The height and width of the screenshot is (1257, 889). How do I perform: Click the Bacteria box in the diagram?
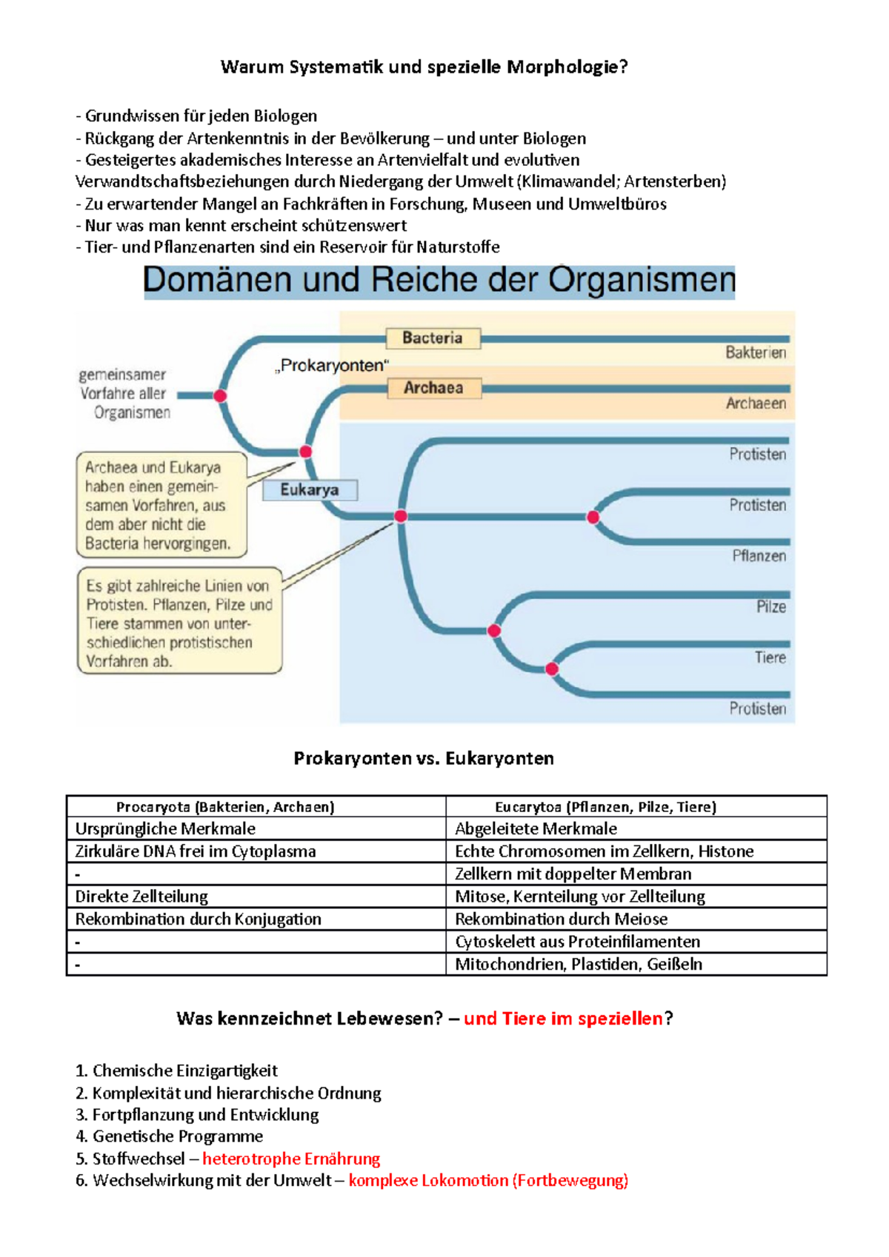[433, 338]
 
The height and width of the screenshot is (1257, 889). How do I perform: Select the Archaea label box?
[433, 388]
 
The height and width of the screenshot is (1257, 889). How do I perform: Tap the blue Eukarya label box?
[310, 489]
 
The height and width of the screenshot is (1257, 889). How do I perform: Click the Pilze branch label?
[771, 607]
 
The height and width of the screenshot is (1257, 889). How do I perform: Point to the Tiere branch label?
[770, 657]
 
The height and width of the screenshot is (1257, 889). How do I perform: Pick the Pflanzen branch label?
[759, 556]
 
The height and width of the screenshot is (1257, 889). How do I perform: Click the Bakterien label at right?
[756, 353]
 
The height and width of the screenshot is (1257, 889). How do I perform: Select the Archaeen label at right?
[756, 403]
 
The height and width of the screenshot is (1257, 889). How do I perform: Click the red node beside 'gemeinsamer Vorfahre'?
[220, 396]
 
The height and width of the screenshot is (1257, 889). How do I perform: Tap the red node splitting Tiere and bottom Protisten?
[552, 669]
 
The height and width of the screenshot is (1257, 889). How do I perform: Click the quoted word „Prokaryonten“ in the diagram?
[332, 366]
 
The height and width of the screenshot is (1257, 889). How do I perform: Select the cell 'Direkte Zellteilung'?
[141, 896]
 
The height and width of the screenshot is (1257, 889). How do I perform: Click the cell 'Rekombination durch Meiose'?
[562, 919]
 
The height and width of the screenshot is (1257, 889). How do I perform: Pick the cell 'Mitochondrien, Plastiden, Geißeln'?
[579, 964]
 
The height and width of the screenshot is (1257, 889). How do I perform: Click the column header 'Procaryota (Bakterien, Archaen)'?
[225, 807]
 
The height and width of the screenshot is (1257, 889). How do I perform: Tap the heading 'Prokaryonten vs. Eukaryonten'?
[424, 758]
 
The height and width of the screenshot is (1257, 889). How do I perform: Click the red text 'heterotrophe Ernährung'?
[291, 1159]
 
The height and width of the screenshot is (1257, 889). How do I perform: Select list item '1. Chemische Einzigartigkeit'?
[176, 1070]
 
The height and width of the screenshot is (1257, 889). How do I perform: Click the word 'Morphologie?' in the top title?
[567, 67]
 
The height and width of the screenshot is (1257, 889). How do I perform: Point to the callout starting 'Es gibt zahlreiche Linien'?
[179, 620]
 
